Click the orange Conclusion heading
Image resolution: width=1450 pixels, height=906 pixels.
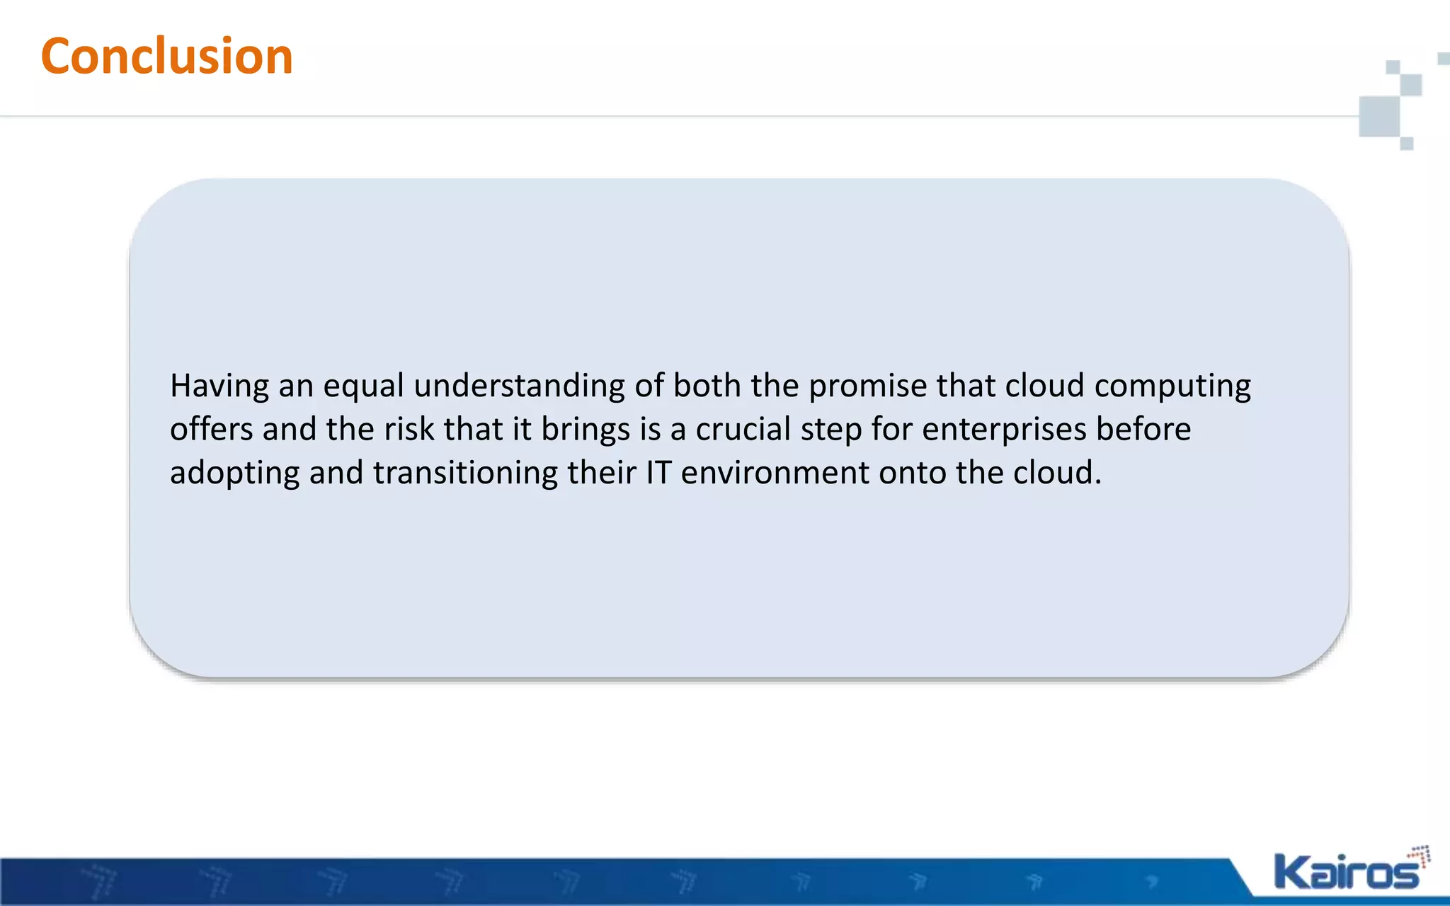167,56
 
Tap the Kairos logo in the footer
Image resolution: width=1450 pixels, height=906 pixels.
1349,871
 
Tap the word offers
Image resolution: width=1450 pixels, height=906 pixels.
212,430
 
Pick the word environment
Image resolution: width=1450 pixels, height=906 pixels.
775,473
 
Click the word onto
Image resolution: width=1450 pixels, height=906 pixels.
913,473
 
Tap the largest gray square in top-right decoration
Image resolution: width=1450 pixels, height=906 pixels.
1380,116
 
